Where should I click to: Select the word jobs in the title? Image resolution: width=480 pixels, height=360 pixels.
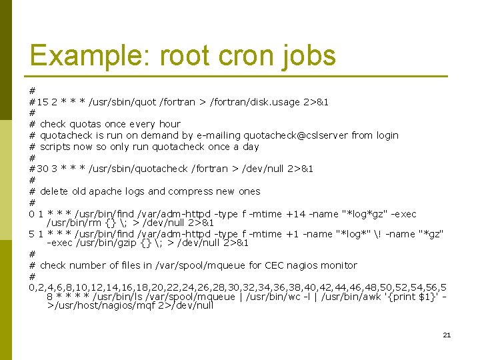[x=308, y=56]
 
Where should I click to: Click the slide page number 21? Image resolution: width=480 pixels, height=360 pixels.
[x=447, y=335]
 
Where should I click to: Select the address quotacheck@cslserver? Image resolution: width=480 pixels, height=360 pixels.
[x=296, y=135]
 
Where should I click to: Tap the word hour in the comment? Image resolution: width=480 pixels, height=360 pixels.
[x=169, y=124]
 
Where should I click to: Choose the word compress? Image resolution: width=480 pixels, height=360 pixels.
[x=193, y=191]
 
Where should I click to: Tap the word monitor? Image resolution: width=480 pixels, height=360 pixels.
[x=339, y=265]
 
